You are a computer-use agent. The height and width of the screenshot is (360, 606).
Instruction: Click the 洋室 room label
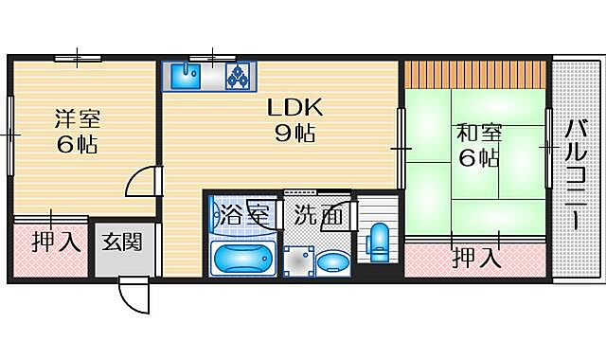[76, 119]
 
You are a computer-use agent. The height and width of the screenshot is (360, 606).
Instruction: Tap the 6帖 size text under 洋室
[76, 145]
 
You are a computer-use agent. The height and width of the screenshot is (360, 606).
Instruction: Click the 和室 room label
[478, 133]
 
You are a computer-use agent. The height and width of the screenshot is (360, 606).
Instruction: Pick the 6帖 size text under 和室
[478, 157]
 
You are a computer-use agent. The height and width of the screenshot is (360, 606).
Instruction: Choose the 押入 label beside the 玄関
[56, 242]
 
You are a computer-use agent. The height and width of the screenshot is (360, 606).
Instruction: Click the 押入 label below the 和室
[475, 256]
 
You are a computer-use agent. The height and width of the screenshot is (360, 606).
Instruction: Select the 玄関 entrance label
[123, 242]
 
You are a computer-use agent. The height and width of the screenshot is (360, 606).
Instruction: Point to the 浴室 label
[243, 215]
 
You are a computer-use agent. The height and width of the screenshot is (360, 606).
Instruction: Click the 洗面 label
[317, 215]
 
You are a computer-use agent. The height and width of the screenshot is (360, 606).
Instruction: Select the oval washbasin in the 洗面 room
[332, 261]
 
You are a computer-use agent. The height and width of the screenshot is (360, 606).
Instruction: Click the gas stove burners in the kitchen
[237, 76]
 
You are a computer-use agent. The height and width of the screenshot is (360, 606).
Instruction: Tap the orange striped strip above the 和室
[476, 73]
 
